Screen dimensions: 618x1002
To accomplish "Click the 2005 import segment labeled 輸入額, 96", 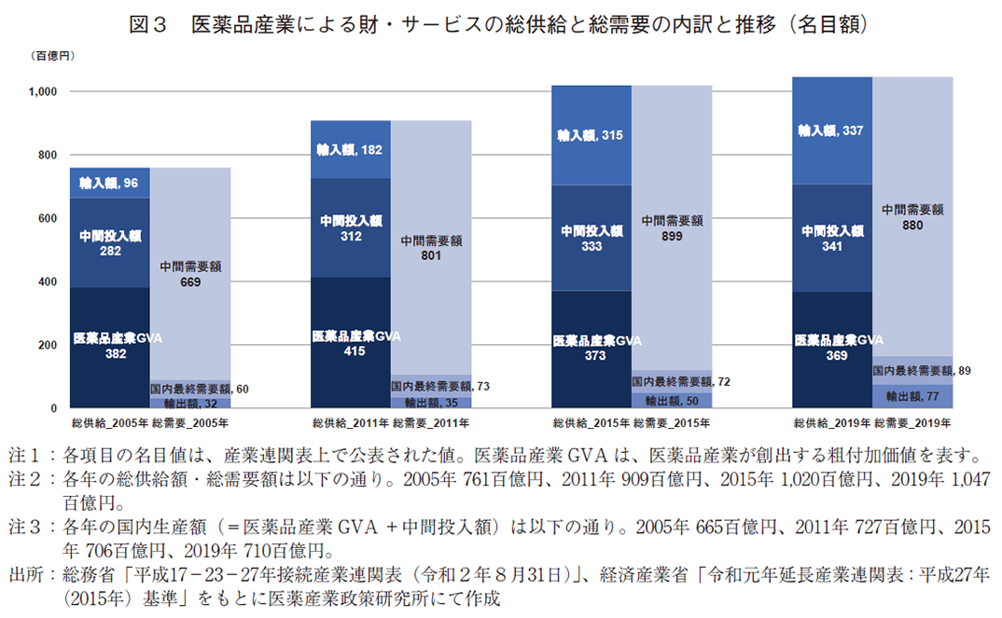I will click(x=109, y=183).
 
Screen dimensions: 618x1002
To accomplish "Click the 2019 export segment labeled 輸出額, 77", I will click(x=912, y=396).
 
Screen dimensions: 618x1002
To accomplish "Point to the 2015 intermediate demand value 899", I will click(x=672, y=236).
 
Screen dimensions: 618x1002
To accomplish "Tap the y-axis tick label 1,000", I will click(x=44, y=91).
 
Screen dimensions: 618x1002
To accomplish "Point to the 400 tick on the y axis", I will click(x=48, y=282).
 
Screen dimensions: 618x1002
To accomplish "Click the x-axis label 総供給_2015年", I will click(x=590, y=423).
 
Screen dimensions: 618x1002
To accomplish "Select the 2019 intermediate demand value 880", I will click(x=912, y=225).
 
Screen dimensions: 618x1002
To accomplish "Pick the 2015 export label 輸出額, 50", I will click(x=672, y=400).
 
